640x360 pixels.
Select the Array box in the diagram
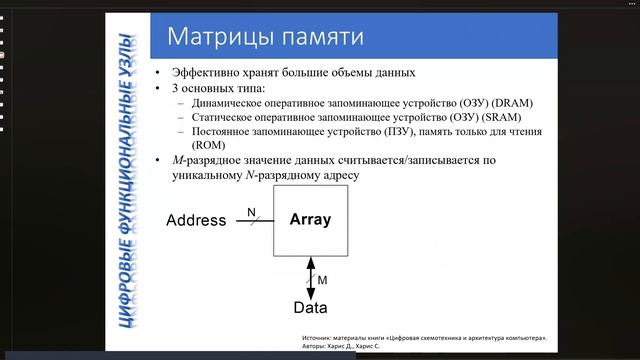pyautogui.click(x=310, y=219)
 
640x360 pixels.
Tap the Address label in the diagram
pyautogui.click(x=196, y=220)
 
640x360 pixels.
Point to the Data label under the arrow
pyautogui.click(x=310, y=307)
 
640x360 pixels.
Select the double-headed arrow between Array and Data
pyautogui.click(x=310, y=274)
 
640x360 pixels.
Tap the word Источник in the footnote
pyautogui.click(x=320, y=339)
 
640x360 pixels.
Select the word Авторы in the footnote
pyautogui.click(x=317, y=349)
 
